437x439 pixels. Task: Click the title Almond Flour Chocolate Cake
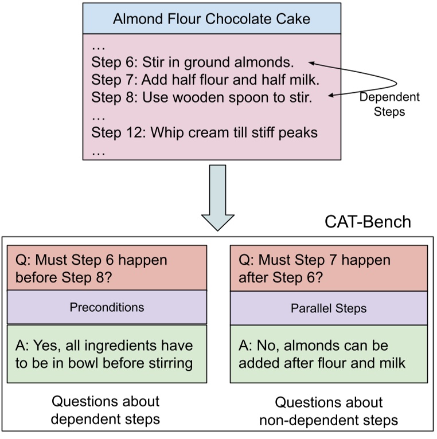click(x=211, y=19)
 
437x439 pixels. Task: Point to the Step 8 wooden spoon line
click(x=201, y=97)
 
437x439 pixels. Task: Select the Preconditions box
click(x=107, y=307)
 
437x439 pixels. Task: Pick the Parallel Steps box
click(x=329, y=308)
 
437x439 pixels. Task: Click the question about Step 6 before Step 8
click(x=107, y=268)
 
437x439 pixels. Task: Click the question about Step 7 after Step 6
click(x=329, y=268)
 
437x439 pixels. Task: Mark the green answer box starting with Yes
click(x=107, y=354)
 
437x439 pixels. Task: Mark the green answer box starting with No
click(x=329, y=354)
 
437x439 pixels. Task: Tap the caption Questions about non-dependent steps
click(x=329, y=411)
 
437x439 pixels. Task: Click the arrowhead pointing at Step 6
click(x=311, y=62)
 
